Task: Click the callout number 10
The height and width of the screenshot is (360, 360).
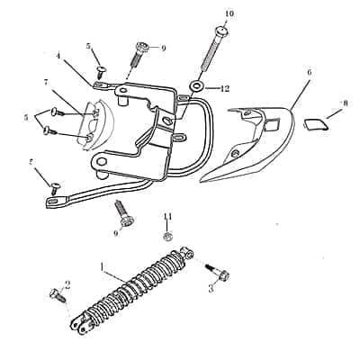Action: (x=229, y=13)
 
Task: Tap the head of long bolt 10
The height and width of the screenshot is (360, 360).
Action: (x=221, y=31)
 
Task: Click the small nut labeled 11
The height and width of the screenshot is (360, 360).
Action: (x=167, y=237)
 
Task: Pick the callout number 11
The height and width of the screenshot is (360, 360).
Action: (x=167, y=216)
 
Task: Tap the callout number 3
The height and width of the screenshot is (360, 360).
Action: (x=211, y=289)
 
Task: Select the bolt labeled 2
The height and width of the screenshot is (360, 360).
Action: (x=58, y=295)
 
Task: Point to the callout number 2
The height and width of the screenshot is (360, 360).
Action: (x=67, y=285)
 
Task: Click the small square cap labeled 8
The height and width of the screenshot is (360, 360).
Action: (x=315, y=124)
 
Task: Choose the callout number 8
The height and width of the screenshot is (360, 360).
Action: (x=346, y=103)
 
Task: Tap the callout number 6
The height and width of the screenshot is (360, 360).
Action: (x=310, y=72)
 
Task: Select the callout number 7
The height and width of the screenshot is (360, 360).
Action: (x=46, y=83)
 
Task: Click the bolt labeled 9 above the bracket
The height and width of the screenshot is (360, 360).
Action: (x=139, y=53)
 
